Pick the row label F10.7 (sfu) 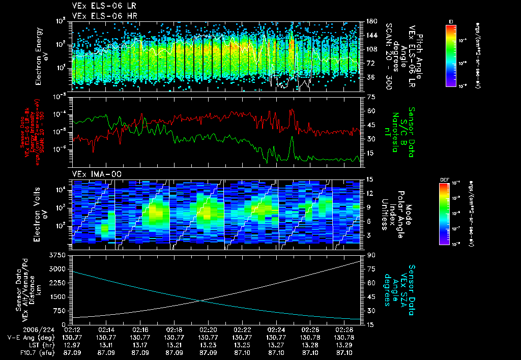pyautogui.click(x=24, y=351)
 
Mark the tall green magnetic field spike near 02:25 pyautogui.click(x=292, y=138)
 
